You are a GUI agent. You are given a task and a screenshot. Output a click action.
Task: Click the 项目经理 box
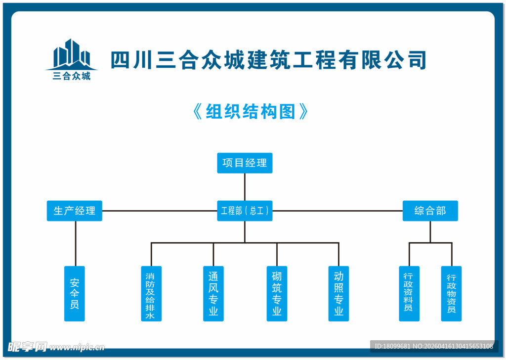245,163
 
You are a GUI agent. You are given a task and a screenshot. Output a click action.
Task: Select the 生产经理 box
75,211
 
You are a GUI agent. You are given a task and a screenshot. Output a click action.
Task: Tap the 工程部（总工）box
245,211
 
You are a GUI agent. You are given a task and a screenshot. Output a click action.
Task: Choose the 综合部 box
430,211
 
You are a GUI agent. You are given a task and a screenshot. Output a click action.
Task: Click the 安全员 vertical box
75,294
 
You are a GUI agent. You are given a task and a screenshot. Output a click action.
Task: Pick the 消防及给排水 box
151,294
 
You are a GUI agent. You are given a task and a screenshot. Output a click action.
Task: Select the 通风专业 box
213,294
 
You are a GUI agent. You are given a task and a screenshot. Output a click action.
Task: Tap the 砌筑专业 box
277,294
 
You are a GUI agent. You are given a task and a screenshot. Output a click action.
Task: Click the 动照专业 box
338,294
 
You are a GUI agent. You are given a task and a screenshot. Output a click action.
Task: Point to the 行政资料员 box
409,294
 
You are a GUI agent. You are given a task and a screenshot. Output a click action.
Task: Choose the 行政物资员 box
451,294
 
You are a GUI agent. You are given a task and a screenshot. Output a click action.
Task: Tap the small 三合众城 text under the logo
72,76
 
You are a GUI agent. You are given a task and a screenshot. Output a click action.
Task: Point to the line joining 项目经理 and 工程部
245,187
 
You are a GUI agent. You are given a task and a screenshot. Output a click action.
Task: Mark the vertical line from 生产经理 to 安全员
76,243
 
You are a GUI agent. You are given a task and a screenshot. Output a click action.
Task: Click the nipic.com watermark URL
77,347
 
